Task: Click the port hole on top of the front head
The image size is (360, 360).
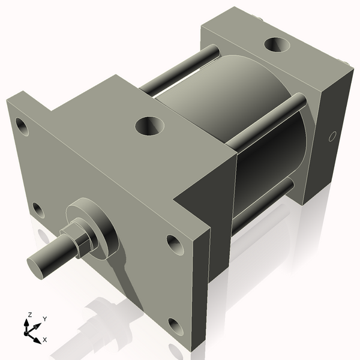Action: coord(149,125)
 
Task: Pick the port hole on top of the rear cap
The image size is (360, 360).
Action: coord(277,45)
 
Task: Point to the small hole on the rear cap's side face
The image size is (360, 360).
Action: coord(331,137)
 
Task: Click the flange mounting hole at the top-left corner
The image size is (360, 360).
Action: coord(22,127)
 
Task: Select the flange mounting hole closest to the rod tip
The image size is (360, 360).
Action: coord(38,210)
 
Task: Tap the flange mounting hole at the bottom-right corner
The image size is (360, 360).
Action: coord(175,326)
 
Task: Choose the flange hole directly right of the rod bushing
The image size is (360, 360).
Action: coord(173,243)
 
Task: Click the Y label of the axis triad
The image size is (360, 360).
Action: coord(44,319)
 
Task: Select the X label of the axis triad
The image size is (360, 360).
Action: coord(45,340)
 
